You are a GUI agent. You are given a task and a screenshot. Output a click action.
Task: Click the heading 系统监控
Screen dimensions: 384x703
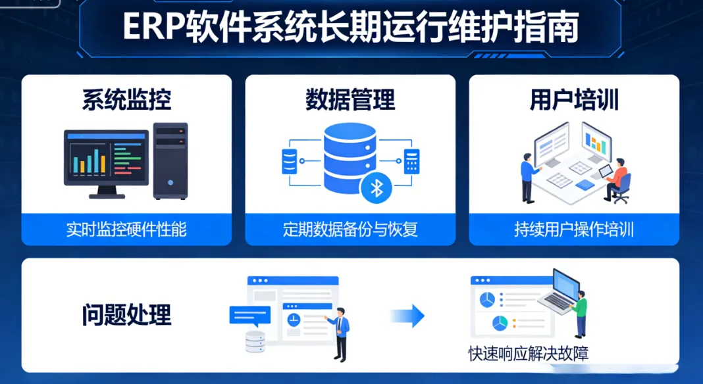pyautogui.click(x=126, y=100)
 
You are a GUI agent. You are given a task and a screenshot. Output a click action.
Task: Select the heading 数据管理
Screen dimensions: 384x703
pyautogui.click(x=350, y=100)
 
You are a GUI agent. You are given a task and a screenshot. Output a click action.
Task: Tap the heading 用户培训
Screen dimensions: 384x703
pyautogui.click(x=574, y=100)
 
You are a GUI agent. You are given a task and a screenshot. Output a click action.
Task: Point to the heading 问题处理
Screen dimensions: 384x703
pyautogui.click(x=126, y=315)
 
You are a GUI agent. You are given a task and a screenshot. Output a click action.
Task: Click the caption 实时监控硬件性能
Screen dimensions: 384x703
pyautogui.click(x=126, y=229)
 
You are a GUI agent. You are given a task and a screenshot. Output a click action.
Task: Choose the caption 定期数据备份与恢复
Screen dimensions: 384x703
pyautogui.click(x=350, y=229)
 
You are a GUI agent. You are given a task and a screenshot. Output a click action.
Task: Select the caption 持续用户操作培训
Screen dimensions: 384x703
pyautogui.click(x=574, y=229)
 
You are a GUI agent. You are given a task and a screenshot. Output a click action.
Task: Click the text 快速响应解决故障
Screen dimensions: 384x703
pyautogui.click(x=528, y=354)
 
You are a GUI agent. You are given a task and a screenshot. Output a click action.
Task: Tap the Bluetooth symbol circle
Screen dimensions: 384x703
pyautogui.click(x=376, y=189)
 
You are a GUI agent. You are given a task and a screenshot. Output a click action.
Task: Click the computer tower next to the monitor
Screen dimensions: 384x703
pyautogui.click(x=170, y=160)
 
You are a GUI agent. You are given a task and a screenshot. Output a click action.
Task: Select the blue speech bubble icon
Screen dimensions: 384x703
pyautogui.click(x=249, y=316)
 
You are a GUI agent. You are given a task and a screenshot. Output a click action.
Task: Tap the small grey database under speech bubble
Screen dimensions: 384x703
pyautogui.click(x=255, y=342)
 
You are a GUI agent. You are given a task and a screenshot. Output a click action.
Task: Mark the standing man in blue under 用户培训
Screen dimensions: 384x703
pyautogui.click(x=527, y=176)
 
